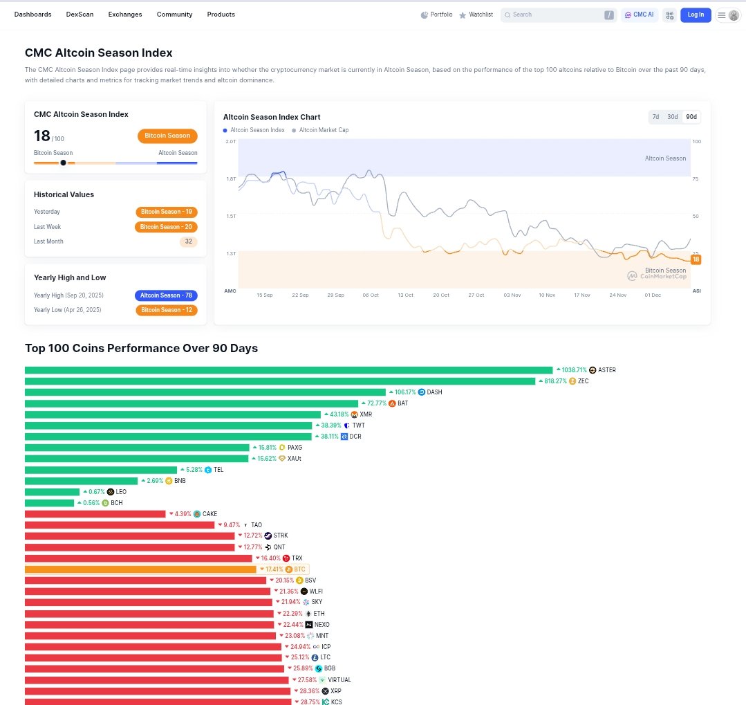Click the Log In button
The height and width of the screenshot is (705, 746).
click(696, 15)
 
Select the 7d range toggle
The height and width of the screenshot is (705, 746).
click(655, 117)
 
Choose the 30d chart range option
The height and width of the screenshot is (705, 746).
click(672, 117)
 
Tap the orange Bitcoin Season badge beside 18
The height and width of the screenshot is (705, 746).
click(167, 136)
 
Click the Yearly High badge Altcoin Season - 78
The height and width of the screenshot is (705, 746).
click(166, 295)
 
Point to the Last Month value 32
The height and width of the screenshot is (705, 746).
click(188, 241)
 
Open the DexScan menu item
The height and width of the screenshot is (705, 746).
click(80, 15)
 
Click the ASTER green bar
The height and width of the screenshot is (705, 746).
click(288, 370)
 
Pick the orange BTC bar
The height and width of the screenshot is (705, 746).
click(140, 569)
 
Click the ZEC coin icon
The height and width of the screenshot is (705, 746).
click(572, 381)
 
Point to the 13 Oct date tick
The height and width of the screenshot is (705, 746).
click(405, 295)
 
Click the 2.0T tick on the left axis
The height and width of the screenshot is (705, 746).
click(230, 141)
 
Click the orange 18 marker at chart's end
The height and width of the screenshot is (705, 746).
click(696, 259)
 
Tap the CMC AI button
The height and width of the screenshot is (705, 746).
click(639, 15)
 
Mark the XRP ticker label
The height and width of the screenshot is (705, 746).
click(336, 691)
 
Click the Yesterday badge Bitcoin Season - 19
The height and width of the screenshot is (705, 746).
click(166, 212)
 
